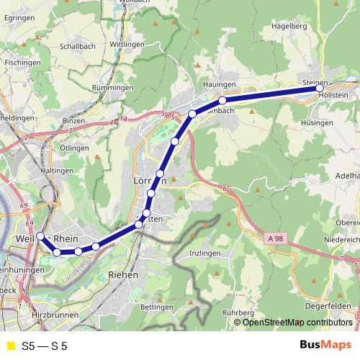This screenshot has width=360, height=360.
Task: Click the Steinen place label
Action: [315, 82]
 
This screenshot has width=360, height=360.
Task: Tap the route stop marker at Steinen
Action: [320, 89]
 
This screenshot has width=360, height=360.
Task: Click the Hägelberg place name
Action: [289, 26]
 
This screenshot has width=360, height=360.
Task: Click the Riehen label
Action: [122, 275]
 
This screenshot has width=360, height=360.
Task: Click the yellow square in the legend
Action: [10, 346]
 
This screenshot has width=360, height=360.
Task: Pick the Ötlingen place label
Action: [75, 148]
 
